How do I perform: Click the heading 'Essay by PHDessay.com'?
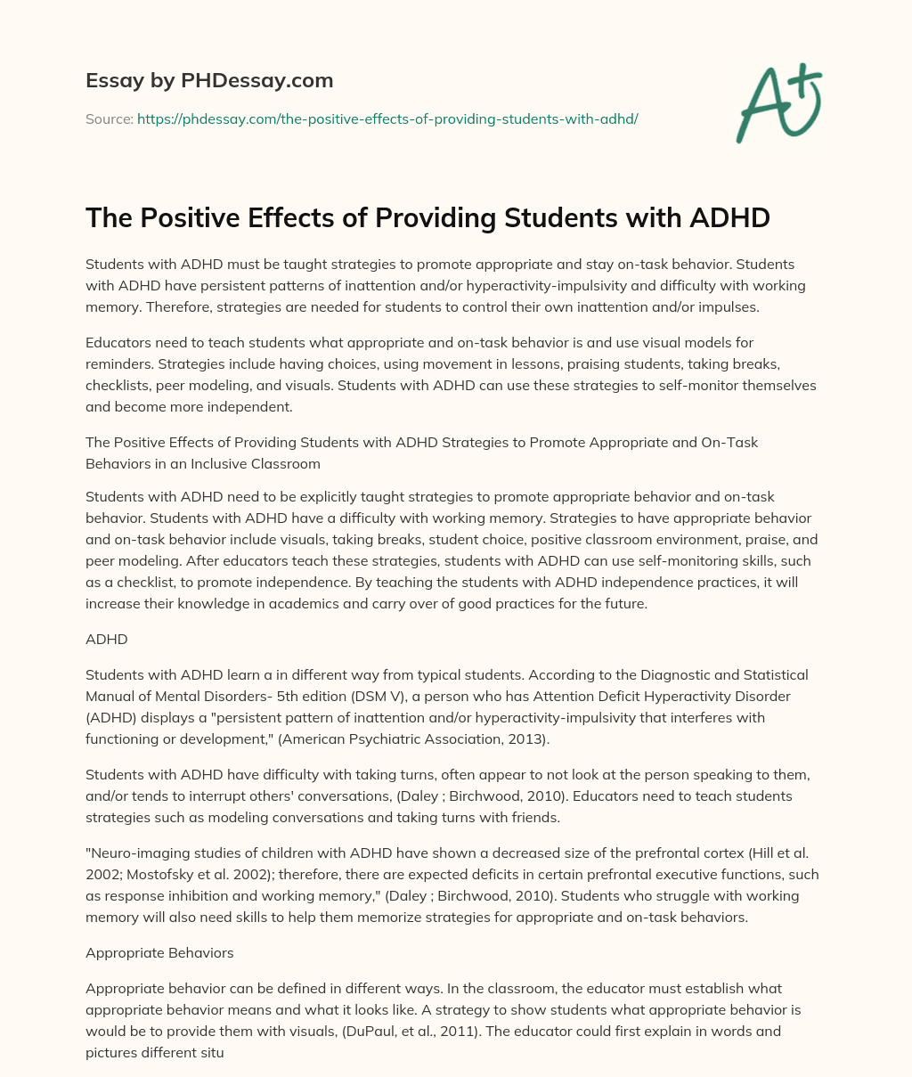(209, 81)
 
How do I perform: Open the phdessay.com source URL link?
(387, 118)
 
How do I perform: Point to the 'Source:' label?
(109, 118)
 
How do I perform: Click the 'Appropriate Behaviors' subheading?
(159, 952)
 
